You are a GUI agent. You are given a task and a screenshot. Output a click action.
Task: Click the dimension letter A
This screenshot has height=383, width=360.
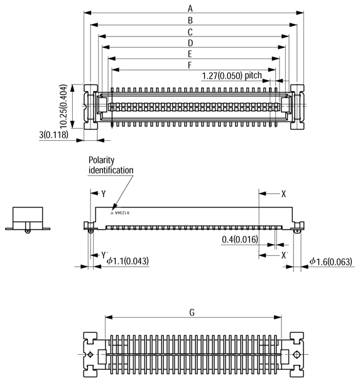(189, 8)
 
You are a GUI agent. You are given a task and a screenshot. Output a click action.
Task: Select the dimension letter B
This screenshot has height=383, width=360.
(189, 20)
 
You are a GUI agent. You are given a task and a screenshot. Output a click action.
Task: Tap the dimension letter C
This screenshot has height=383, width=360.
(189, 31)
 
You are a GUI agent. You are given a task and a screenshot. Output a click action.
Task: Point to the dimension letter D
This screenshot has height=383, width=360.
(189, 43)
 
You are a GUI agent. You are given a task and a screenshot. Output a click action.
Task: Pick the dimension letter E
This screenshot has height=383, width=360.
(189, 54)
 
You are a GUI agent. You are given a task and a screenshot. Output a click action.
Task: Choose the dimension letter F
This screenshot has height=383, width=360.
(189, 65)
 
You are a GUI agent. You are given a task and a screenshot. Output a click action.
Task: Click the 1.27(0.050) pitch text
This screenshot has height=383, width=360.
(231, 76)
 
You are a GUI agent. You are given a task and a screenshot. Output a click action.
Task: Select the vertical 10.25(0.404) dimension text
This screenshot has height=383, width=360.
(65, 106)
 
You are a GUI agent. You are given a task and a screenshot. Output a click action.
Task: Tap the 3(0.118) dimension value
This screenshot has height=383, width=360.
(53, 134)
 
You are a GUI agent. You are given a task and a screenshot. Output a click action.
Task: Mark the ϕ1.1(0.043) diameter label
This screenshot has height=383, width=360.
(128, 261)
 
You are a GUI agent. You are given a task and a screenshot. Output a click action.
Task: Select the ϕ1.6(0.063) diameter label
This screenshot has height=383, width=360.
(330, 261)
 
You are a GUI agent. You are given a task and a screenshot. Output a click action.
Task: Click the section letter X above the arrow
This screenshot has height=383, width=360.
(284, 194)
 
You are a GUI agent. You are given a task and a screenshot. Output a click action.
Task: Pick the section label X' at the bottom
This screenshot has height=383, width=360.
(285, 255)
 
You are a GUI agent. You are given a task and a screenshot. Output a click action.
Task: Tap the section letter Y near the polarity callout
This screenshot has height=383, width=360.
(104, 194)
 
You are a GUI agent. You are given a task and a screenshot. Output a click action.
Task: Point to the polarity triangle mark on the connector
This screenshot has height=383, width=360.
(113, 214)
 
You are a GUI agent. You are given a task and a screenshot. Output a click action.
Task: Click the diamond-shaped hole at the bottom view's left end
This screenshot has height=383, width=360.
(92, 355)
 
